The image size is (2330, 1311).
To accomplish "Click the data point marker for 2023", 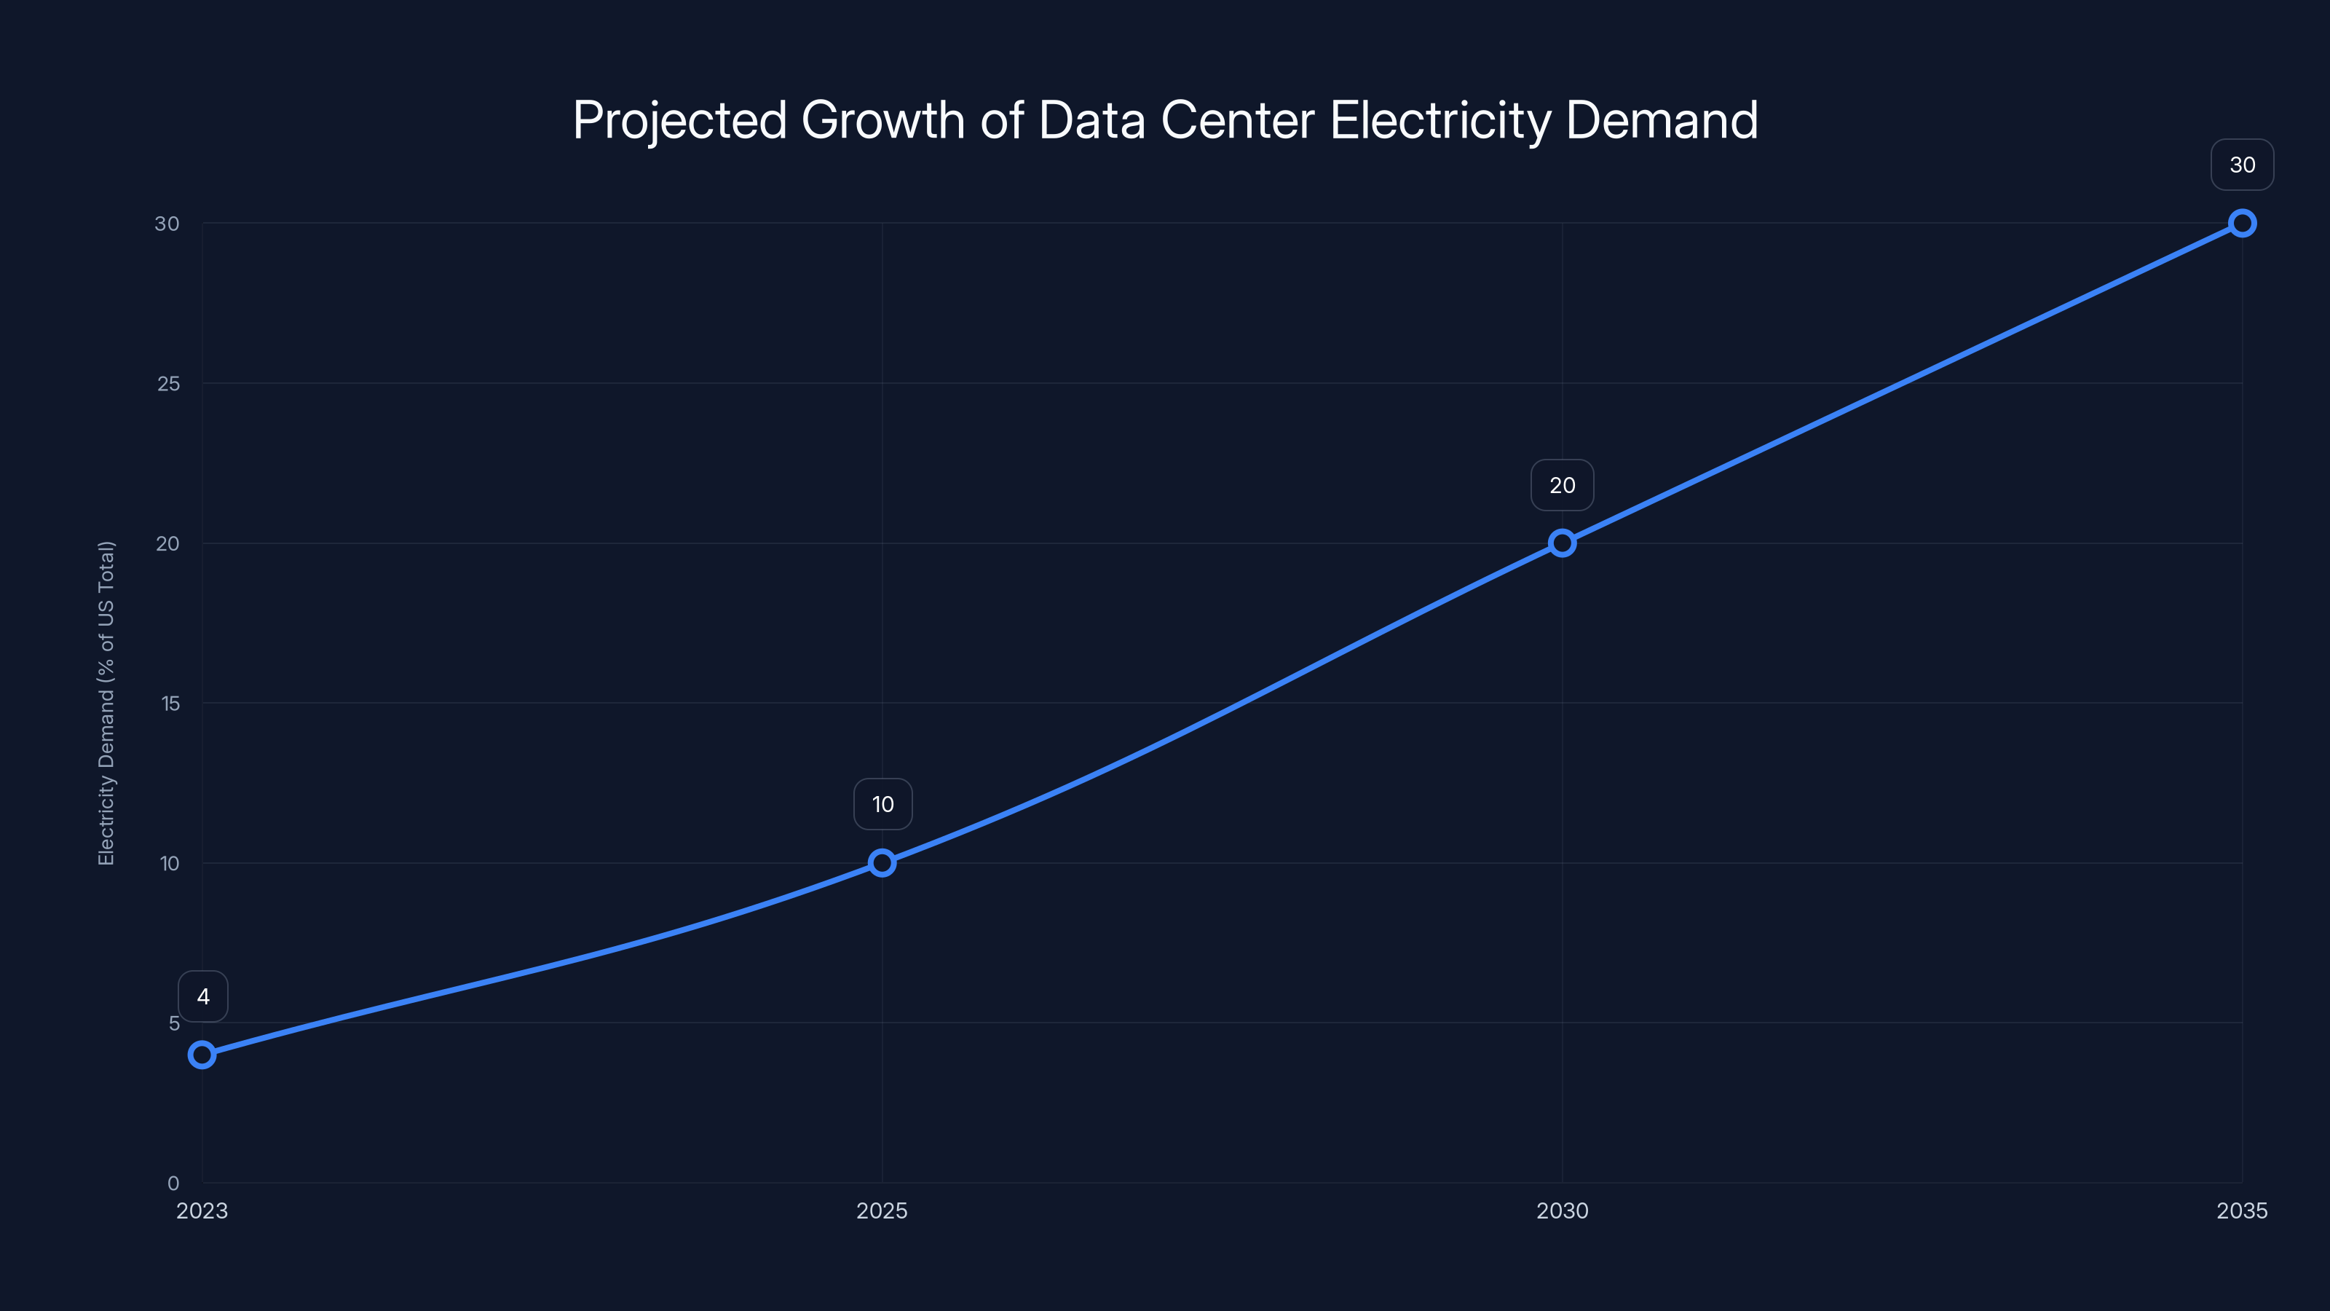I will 202,1055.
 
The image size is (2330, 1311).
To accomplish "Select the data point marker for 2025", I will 882,863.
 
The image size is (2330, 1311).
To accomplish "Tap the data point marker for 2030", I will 1562,543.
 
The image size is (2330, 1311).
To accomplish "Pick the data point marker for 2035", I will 2243,224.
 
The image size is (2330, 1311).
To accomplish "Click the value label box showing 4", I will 202,996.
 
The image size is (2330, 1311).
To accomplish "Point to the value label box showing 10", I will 882,804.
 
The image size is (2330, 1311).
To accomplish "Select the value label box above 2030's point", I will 1562,485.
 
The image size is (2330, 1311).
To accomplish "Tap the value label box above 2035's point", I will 2243,165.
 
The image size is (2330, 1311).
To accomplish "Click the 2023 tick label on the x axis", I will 202,1210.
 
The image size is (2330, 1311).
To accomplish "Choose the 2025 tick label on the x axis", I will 882,1210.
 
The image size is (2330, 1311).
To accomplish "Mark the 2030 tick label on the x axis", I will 1562,1210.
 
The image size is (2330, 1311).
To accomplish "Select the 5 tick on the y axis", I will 174,1023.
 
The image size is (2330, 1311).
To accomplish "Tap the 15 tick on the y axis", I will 170,704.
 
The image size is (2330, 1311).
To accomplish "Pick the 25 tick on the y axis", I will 168,384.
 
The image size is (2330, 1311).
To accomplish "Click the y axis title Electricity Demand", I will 107,703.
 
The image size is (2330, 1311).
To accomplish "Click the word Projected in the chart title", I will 679,121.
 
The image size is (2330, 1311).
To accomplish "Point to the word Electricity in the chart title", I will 1440,121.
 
